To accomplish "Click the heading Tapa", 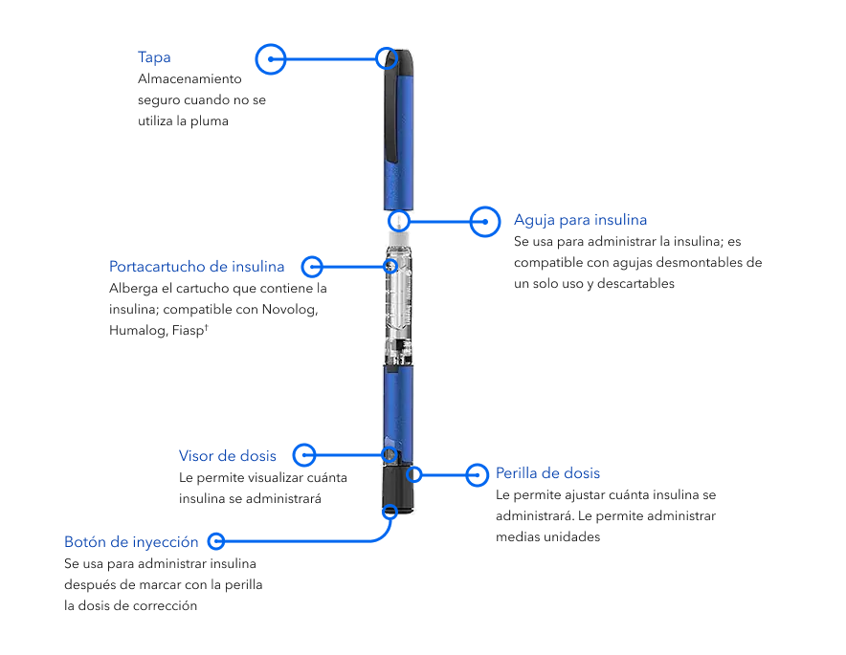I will click(x=154, y=57).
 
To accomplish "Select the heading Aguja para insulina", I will click(x=580, y=220).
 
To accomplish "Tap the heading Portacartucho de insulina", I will click(x=196, y=266).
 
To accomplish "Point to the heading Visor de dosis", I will click(x=227, y=455).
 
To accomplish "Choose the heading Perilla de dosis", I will click(x=547, y=473).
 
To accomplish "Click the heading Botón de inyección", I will click(x=131, y=541).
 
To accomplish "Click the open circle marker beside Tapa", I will click(x=271, y=58).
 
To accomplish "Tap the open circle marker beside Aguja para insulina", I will click(x=486, y=221).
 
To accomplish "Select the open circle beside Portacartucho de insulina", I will click(x=312, y=266).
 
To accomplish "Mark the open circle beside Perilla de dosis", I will click(x=478, y=473).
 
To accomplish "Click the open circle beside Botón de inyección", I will click(x=216, y=541).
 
